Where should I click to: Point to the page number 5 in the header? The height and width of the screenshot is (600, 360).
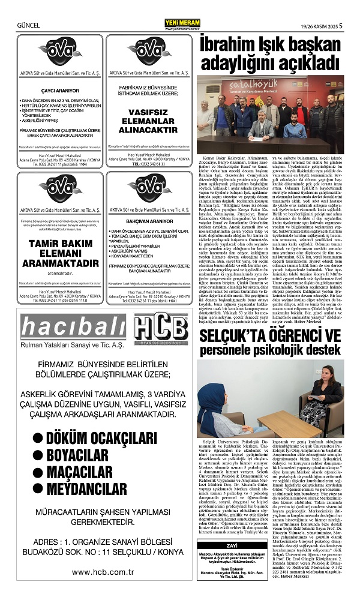point(340,26)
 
